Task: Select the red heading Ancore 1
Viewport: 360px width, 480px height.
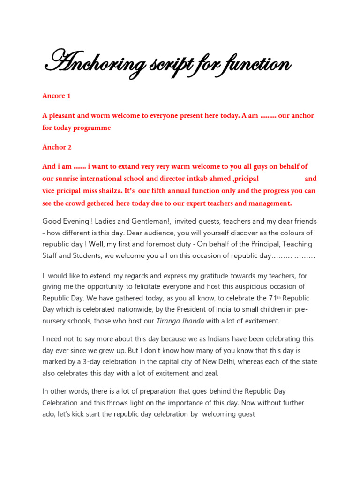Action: tap(56, 96)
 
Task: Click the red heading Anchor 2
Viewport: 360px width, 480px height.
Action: tap(57, 147)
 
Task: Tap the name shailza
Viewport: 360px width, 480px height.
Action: tap(109, 191)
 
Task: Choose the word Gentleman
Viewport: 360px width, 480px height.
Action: tap(152, 221)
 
